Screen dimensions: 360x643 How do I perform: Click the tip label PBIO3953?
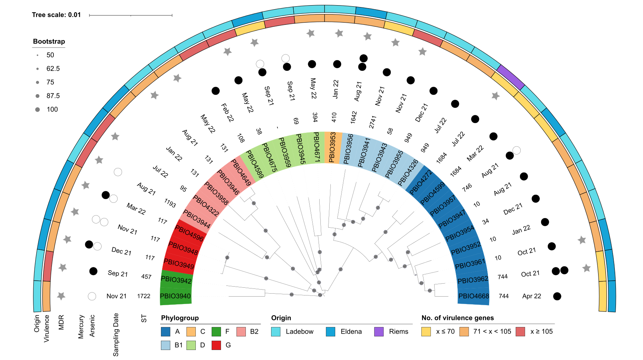[332, 148]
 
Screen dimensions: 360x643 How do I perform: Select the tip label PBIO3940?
[175, 296]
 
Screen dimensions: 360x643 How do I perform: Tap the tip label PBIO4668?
[474, 296]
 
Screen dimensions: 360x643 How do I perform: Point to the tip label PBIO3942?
[176, 280]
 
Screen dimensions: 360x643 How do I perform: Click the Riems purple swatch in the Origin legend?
[379, 331]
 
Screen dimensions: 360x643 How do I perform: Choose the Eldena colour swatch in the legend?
[330, 331]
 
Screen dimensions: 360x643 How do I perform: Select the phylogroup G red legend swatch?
[216, 345]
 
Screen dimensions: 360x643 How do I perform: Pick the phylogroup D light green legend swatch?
[191, 345]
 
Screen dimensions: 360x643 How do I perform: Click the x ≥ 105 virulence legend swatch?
[520, 331]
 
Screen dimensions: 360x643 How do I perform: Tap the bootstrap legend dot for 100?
[37, 109]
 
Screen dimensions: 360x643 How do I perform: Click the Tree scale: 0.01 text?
[56, 15]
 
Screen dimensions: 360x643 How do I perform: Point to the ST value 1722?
[144, 296]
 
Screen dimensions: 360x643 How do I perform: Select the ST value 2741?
[373, 122]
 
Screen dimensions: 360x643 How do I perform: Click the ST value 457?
[146, 277]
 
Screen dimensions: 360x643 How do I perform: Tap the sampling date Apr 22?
[531, 296]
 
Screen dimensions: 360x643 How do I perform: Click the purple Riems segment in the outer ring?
[510, 77]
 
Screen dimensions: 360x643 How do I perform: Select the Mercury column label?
[81, 327]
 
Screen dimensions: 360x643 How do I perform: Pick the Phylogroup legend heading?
[180, 318]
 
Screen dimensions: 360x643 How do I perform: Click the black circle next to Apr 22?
[557, 296]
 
